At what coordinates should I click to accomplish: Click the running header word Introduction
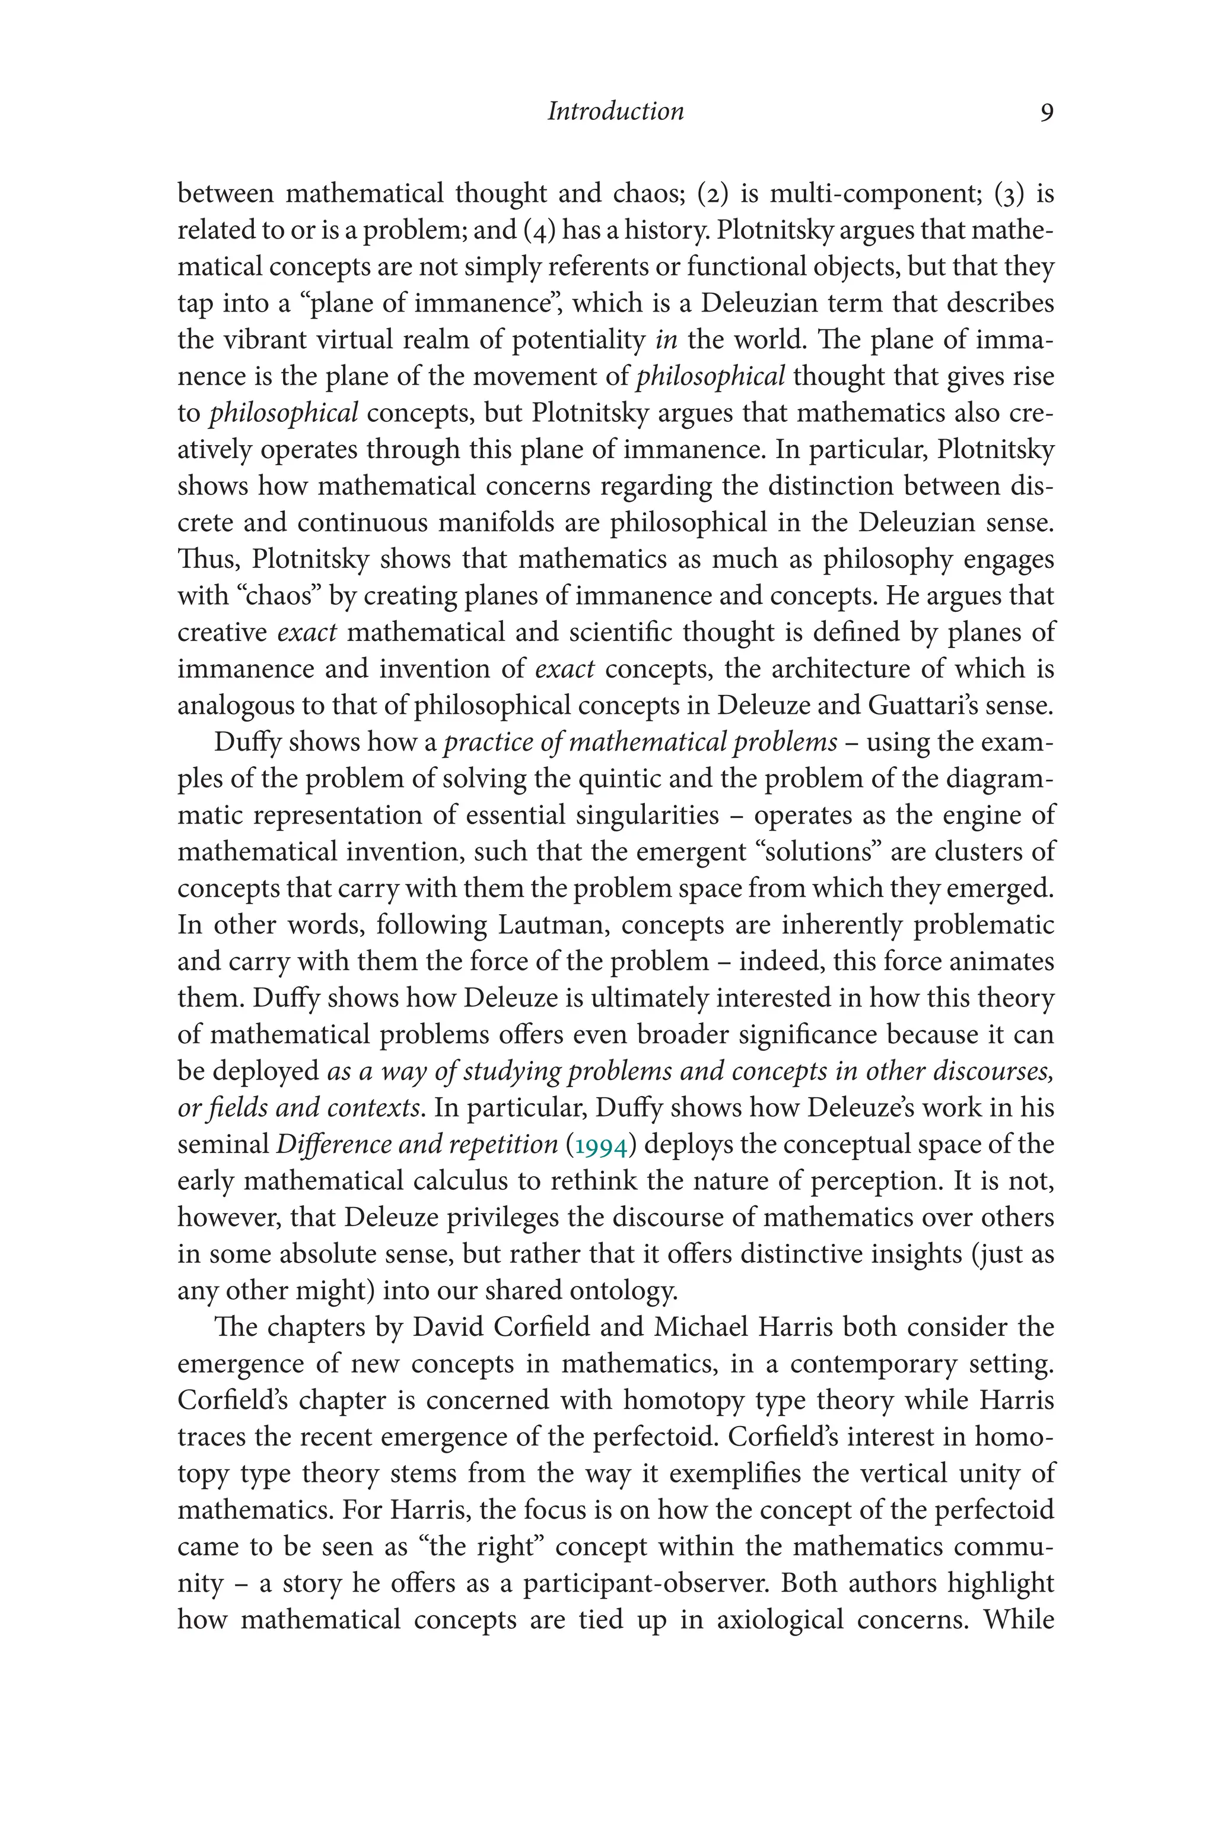pos(615,112)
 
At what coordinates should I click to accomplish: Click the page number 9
pos(1046,113)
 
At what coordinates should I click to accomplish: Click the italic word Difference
pos(329,1144)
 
